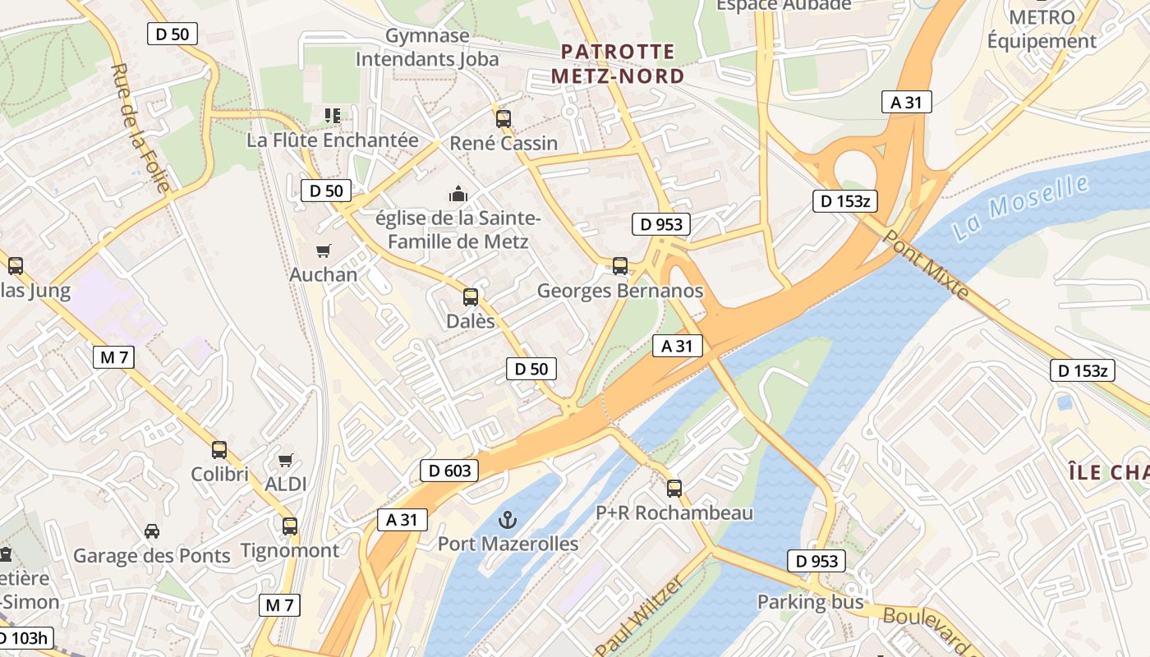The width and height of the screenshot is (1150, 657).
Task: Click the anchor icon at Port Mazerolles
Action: (508, 520)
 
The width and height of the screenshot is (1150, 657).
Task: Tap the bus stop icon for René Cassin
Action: (504, 118)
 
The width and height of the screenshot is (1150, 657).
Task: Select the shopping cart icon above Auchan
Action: (324, 250)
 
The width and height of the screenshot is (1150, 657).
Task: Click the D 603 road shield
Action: (450, 471)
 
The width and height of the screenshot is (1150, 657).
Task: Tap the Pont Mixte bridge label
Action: (925, 264)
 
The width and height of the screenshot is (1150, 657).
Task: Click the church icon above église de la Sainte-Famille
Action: (458, 194)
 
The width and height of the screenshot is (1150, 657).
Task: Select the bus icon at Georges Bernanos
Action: (620, 266)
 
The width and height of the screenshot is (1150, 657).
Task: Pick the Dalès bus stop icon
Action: (471, 296)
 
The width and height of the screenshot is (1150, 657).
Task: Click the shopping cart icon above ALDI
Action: (286, 460)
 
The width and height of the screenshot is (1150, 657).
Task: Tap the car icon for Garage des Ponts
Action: (152, 531)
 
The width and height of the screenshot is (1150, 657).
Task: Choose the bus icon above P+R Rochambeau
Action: (674, 489)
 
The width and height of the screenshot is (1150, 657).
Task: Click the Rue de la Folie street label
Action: (140, 127)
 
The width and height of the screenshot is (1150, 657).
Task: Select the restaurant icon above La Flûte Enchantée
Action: (333, 115)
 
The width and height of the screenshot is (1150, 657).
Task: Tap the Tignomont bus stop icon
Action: (290, 526)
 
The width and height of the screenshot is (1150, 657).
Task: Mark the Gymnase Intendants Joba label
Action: (427, 48)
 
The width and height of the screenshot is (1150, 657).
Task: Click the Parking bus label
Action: (810, 602)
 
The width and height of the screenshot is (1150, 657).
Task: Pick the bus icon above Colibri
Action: (219, 450)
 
